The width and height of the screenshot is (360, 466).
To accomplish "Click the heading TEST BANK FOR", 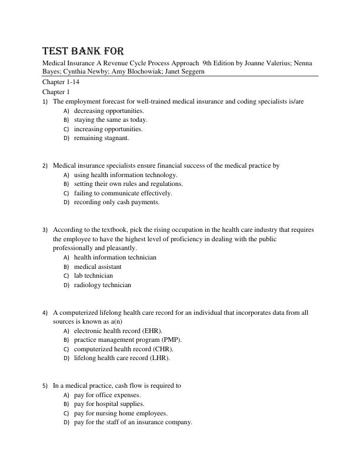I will [x=83, y=51].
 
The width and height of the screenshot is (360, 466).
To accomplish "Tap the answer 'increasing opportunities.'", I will [x=108, y=129].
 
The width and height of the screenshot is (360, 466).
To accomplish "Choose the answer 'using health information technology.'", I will [x=125, y=175].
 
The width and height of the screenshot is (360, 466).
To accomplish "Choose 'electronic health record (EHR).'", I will [x=118, y=331].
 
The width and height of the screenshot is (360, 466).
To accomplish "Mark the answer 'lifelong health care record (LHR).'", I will [x=122, y=358].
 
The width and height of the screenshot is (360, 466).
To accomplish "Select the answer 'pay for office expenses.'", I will [x=107, y=395].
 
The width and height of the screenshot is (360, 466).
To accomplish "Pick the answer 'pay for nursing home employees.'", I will [x=121, y=413].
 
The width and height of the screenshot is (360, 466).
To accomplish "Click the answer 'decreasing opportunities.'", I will [x=109, y=111].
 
